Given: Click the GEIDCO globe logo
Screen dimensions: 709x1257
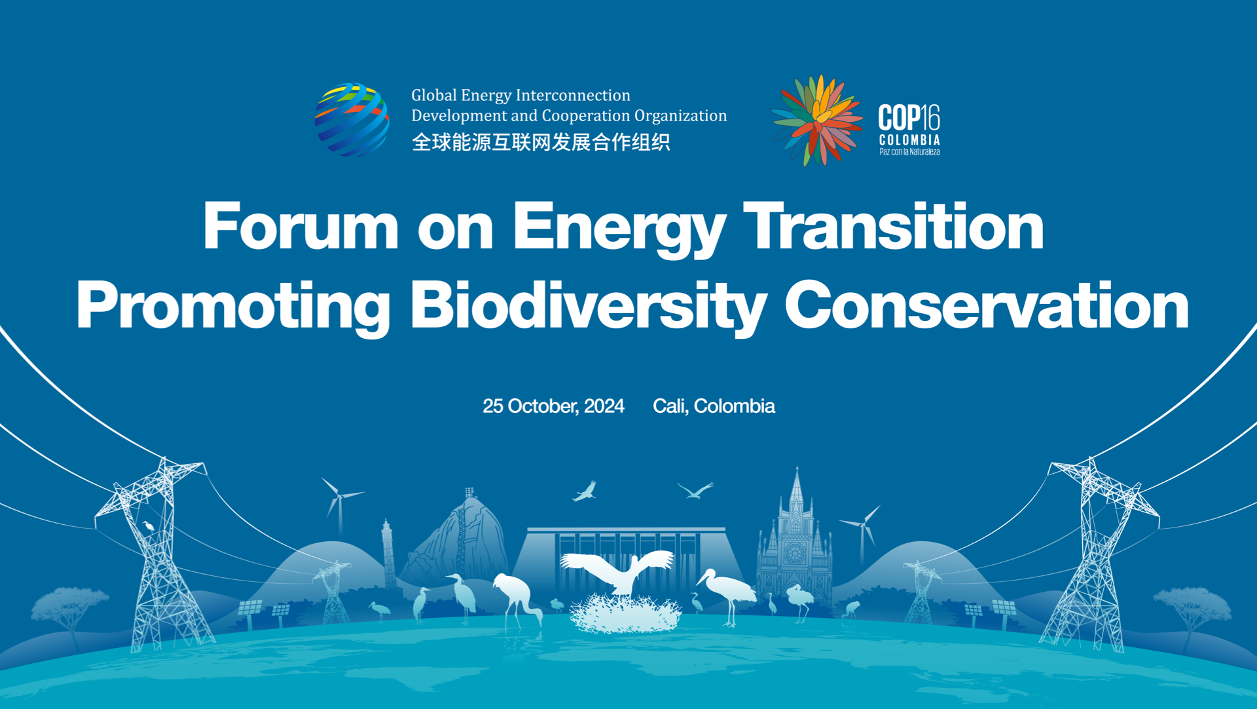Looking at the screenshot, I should pyautogui.click(x=352, y=120).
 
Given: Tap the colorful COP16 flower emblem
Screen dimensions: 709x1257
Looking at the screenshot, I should pyautogui.click(x=817, y=121).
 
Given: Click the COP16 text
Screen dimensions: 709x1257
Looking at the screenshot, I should pyautogui.click(x=909, y=118).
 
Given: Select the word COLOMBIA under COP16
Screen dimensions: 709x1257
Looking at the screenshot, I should pyautogui.click(x=909, y=140).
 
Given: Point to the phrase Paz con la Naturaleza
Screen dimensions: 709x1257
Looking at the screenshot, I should pyautogui.click(x=909, y=152).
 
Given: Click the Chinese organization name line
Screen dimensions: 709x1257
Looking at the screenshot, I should pyautogui.click(x=540, y=142).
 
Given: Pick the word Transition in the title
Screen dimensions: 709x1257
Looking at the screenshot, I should pyautogui.click(x=893, y=226).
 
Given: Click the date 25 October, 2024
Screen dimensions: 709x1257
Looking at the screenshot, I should pyautogui.click(x=553, y=406).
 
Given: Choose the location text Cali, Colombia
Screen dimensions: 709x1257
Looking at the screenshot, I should pyautogui.click(x=714, y=406).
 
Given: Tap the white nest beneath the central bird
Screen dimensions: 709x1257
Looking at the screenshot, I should pyautogui.click(x=625, y=615).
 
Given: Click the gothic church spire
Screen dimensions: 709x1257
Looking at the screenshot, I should pyautogui.click(x=796, y=488).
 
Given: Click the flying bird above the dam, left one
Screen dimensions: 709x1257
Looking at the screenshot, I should pyautogui.click(x=585, y=491).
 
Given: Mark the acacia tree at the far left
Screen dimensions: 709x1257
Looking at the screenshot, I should pyautogui.click(x=69, y=606).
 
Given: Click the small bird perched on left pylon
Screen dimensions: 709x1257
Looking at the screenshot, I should pyautogui.click(x=149, y=526).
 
